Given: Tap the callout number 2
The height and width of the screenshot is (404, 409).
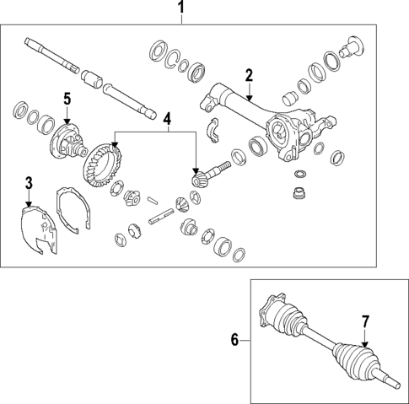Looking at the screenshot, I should pos(248,76).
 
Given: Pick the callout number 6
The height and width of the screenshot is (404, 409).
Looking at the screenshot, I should pos(234,341).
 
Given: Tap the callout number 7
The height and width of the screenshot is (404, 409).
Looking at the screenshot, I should pos(365,321).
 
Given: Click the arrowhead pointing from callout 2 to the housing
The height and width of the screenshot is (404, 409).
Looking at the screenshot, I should pos(250,100).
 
